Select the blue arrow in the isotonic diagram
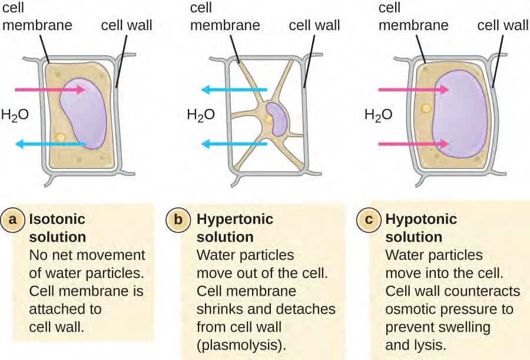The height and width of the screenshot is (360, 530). tap(51, 143)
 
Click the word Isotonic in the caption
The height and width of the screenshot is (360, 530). tap(57, 219)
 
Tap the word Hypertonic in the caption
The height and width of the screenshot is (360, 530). tap(235, 219)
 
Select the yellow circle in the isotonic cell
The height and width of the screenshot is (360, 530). tap(59, 137)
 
